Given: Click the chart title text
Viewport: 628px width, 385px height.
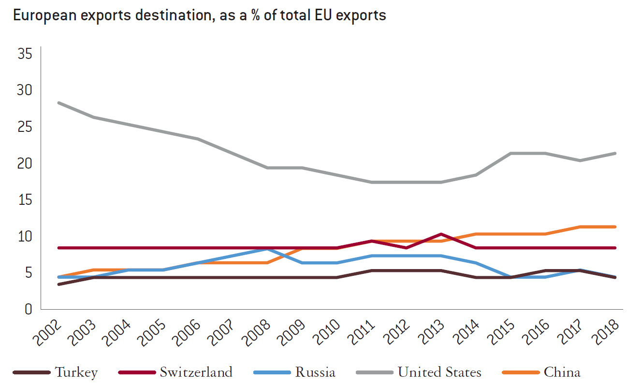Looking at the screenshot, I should (x=199, y=15).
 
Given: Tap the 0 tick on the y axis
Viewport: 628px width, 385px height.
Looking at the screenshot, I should (x=28, y=309).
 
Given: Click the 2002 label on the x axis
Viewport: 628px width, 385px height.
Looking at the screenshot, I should (x=47, y=332).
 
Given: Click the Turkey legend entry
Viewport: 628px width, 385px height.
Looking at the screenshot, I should (x=76, y=372).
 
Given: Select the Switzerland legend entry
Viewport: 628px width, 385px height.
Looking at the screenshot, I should (x=196, y=372).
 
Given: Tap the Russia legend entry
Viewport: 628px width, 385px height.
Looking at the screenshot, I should (x=315, y=372).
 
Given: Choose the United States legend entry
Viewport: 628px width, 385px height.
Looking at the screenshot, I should (x=439, y=372).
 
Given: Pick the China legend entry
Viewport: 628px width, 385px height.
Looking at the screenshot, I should (x=562, y=372).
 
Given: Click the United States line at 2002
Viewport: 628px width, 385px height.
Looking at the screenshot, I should (x=58, y=103).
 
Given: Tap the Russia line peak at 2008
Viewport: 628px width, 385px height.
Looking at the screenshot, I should (x=267, y=249).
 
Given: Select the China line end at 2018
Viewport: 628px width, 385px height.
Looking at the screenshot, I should (x=614, y=227).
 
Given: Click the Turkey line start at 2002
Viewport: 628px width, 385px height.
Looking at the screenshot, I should (x=58, y=284).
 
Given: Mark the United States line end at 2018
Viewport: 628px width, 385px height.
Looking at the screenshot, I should (x=614, y=154).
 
